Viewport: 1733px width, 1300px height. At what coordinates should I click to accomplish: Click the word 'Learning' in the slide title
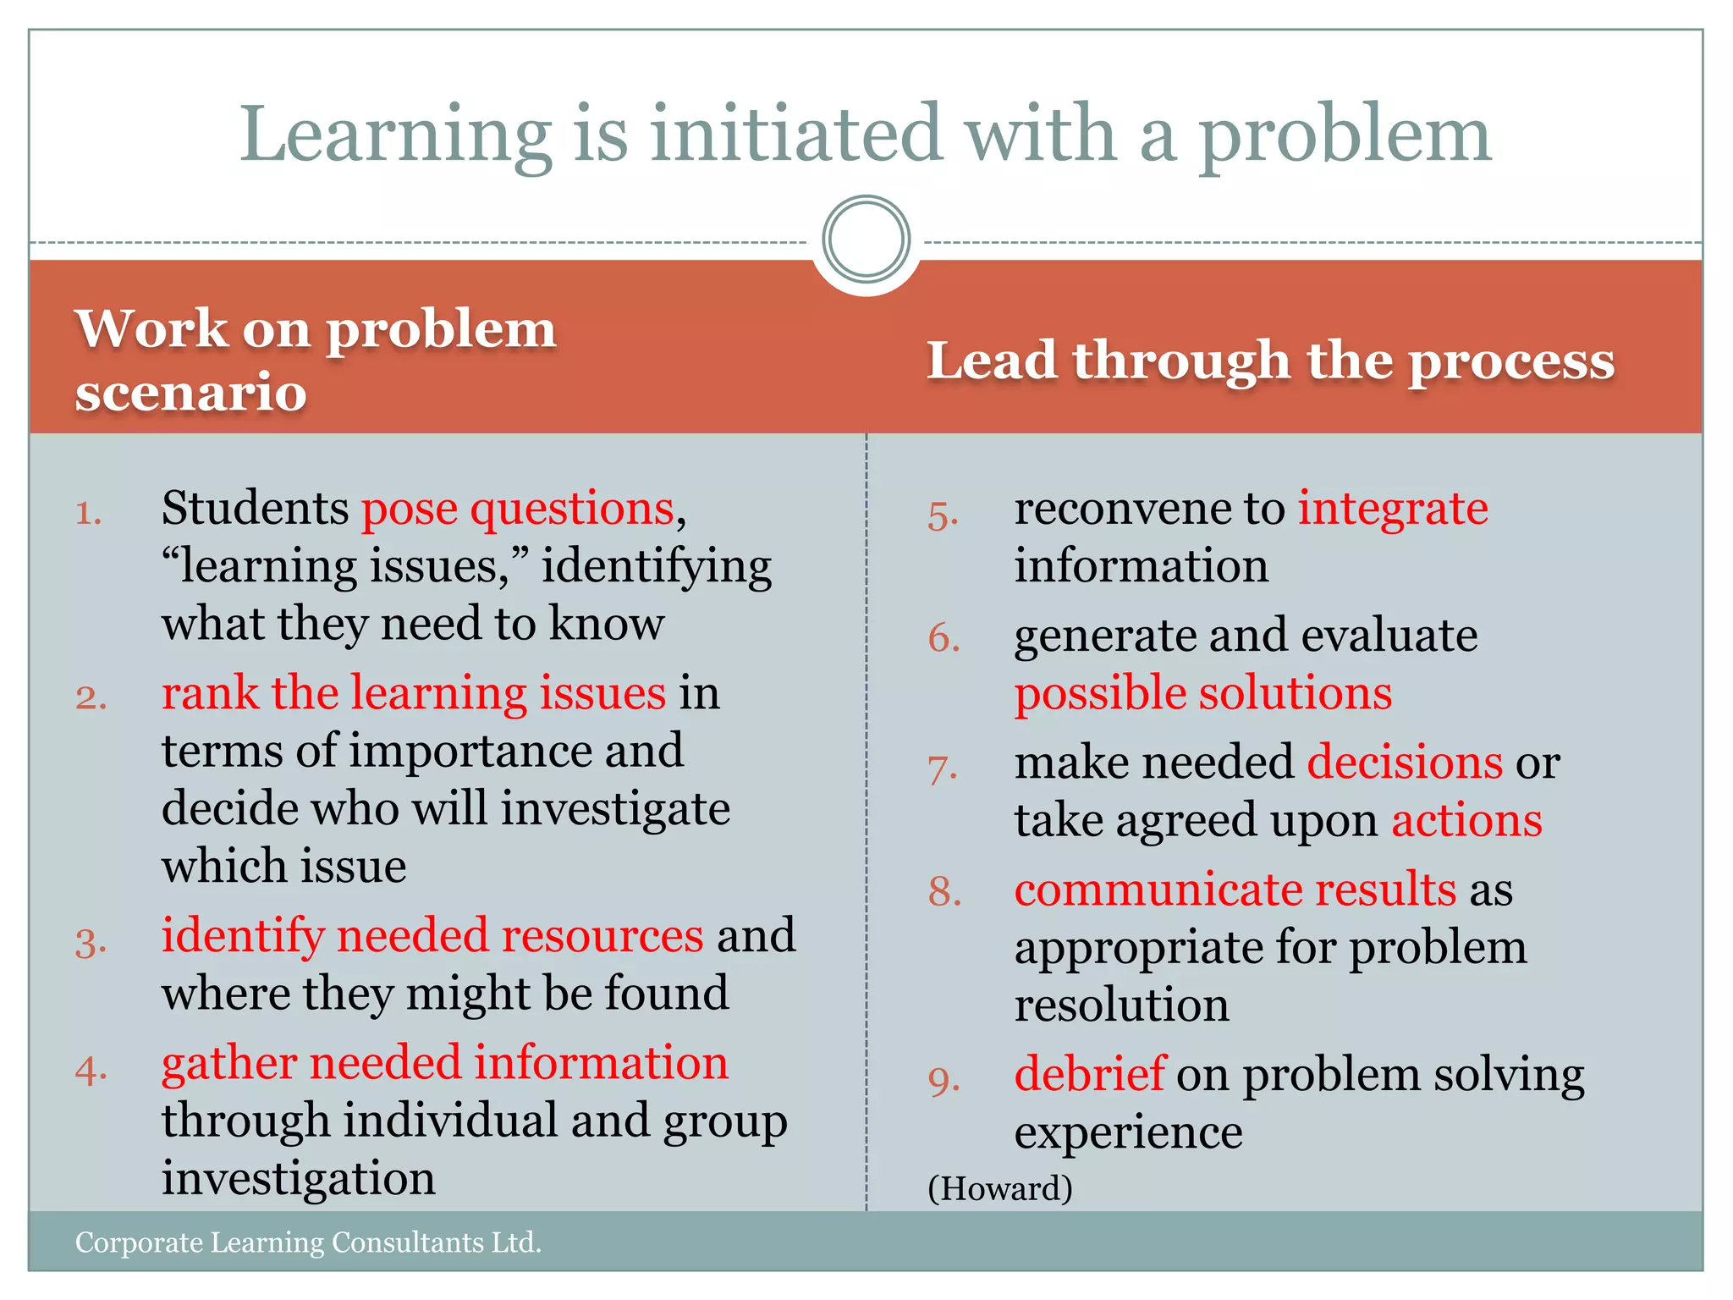coord(395,135)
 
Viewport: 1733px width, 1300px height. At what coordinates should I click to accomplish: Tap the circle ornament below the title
coord(866,240)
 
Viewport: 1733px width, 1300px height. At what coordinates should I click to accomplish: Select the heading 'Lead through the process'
coord(1270,361)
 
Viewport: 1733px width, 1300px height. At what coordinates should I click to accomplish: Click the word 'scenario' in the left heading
coord(190,392)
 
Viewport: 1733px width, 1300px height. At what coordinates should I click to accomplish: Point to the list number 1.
coord(88,513)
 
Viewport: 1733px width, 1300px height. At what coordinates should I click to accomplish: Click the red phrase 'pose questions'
coord(518,509)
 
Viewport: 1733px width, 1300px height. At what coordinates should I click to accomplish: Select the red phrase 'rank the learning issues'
coord(414,693)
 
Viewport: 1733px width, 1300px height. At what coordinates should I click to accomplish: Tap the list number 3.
coord(91,942)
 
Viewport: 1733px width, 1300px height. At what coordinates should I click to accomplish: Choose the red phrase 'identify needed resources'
coord(432,936)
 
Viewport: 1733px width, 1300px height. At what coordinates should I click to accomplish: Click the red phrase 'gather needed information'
coord(445,1063)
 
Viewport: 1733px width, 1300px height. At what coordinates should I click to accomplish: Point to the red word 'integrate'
coord(1393,509)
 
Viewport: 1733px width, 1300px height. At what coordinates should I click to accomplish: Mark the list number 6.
coord(944,638)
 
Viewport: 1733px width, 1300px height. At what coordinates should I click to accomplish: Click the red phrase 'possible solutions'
coord(1203,693)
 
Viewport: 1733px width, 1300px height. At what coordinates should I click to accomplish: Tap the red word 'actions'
coord(1466,821)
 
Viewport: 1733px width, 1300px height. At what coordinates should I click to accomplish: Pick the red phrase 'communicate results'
coord(1235,890)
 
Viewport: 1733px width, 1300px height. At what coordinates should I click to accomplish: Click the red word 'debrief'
coord(1090,1074)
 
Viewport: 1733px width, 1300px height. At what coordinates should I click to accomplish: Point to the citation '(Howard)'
coord(1000,1188)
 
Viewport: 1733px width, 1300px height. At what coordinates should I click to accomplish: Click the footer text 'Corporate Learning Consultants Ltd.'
coord(308,1242)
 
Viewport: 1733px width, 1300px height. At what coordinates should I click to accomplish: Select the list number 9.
coord(944,1081)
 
